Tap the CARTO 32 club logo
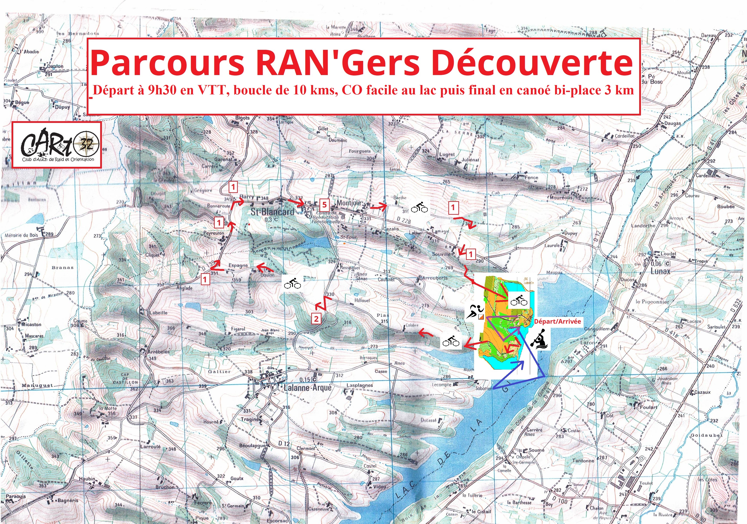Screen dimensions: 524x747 (x=57, y=145)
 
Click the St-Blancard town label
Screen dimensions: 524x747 (x=272, y=212)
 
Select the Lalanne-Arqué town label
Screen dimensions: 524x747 (x=308, y=388)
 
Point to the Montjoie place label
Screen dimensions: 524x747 (x=349, y=203)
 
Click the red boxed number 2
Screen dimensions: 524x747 (x=316, y=318)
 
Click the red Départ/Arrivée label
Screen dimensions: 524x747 (x=557, y=321)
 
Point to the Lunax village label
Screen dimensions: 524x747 (x=660, y=271)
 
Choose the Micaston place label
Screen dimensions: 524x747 (x=31, y=325)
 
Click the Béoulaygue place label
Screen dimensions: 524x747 (x=253, y=445)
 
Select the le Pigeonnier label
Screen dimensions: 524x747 (x=652, y=301)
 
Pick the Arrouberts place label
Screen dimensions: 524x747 (x=435, y=278)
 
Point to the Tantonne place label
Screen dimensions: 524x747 (x=583, y=461)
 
